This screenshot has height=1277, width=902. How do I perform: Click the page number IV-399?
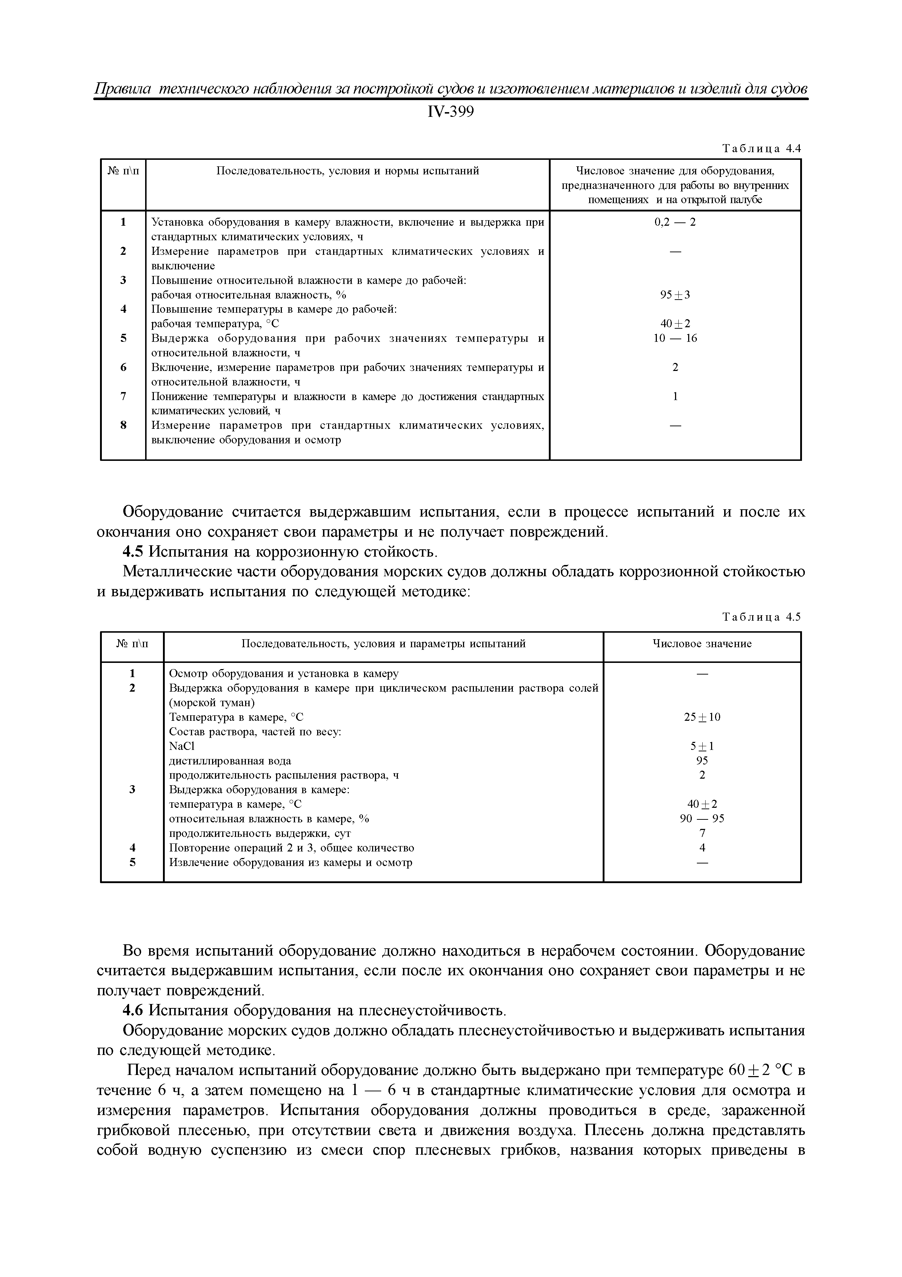click(451, 112)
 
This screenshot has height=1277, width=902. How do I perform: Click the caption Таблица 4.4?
click(761, 149)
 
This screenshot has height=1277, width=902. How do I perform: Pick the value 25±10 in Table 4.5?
click(702, 717)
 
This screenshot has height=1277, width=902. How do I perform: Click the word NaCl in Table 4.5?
click(182, 746)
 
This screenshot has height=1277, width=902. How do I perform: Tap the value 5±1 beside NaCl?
click(702, 746)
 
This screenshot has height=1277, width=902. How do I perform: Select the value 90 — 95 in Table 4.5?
click(702, 819)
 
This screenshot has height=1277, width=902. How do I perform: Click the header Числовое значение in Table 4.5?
click(702, 644)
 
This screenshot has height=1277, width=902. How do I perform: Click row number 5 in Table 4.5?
click(132, 863)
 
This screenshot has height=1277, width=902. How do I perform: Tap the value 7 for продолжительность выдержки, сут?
click(702, 833)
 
